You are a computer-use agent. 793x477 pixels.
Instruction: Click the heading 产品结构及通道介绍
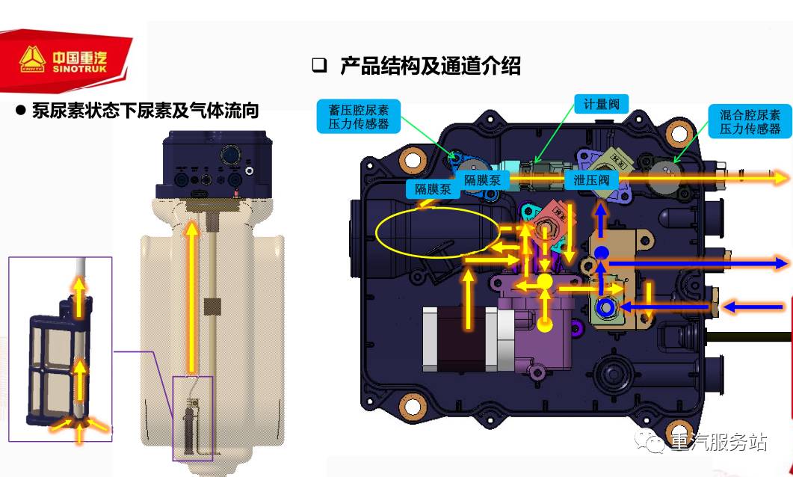pyautogui.click(x=430, y=66)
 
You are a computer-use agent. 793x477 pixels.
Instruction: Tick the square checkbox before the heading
pyautogui.click(x=319, y=66)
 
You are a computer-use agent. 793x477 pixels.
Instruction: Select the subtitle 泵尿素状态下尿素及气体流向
pyautogui.click(x=146, y=111)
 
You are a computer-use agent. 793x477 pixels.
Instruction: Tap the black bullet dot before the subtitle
pyautogui.click(x=21, y=111)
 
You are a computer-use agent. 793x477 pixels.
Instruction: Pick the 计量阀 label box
pyautogui.click(x=601, y=104)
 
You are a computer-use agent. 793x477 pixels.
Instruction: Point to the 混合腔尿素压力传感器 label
pyautogui.click(x=749, y=121)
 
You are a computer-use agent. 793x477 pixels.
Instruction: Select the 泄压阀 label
pyautogui.click(x=592, y=180)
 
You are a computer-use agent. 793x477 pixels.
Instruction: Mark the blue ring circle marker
pyautogui.click(x=605, y=307)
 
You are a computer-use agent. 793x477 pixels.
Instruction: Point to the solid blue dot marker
pyautogui.click(x=602, y=253)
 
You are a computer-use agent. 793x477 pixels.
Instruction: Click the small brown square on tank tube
pyautogui.click(x=213, y=306)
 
